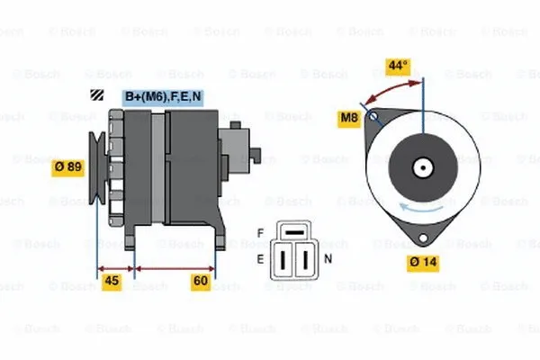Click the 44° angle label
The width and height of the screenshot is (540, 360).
tap(397, 66)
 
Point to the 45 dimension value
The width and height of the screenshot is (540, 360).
tap(112, 281)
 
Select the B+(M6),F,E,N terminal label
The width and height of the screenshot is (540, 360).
tap(163, 96)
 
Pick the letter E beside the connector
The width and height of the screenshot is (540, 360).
tap(261, 259)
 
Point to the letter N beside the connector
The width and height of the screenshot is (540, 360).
tap(328, 259)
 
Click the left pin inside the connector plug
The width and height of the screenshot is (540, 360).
tap(284, 261)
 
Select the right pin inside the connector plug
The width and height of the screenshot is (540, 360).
tap(304, 261)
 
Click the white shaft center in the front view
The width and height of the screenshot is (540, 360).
tap(421, 166)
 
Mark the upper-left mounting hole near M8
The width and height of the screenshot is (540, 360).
tap(377, 115)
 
